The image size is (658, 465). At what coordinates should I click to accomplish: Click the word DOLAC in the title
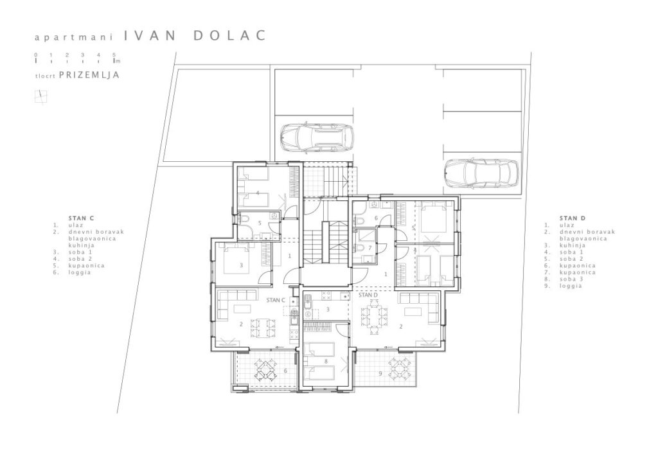(x=229, y=35)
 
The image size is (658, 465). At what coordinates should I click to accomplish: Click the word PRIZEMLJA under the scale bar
(x=89, y=75)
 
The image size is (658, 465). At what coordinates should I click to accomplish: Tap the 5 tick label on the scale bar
(x=114, y=55)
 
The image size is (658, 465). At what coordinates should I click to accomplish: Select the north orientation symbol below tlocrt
(x=40, y=97)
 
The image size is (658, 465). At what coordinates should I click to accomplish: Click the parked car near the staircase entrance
(x=317, y=137)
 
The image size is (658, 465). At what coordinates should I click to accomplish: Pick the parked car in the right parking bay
(x=482, y=173)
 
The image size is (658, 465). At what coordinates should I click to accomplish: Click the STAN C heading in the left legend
(x=82, y=218)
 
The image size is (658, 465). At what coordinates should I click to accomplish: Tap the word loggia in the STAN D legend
(x=571, y=286)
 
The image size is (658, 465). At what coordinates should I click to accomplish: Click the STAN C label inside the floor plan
(x=276, y=300)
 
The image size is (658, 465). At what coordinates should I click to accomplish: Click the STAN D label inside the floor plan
(x=368, y=295)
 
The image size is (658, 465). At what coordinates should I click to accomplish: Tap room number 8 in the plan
(x=326, y=361)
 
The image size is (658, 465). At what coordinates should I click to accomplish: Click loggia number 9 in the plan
(x=380, y=373)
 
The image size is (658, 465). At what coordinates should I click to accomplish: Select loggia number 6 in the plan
(x=286, y=371)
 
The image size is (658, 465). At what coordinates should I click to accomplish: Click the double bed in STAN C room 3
(x=236, y=260)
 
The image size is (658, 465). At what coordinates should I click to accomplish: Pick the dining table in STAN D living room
(x=375, y=317)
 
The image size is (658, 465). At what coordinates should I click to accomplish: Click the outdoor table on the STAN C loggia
(x=265, y=369)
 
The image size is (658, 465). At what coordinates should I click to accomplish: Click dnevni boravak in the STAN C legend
(x=96, y=232)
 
